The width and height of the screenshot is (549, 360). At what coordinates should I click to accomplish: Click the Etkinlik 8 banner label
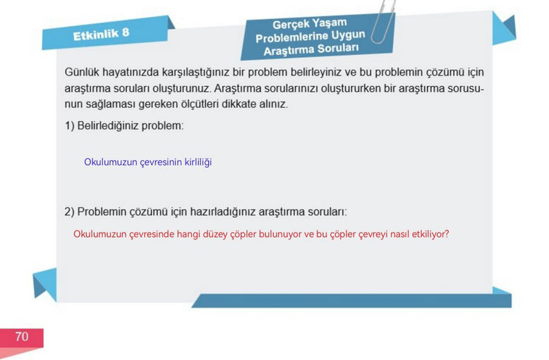point(101,35)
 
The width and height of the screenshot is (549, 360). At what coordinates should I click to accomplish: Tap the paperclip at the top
point(382,22)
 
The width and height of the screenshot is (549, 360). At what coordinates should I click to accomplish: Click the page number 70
point(22,337)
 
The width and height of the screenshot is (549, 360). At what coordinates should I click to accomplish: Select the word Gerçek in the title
point(290,25)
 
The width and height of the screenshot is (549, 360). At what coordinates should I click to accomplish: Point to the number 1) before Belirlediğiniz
point(69,126)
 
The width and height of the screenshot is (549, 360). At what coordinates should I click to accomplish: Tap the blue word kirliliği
point(198,162)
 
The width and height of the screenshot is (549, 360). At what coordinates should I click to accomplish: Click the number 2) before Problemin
point(69,212)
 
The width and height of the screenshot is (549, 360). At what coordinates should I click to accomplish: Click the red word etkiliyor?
point(430,234)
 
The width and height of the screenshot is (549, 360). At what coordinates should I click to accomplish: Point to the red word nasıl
point(399,234)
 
